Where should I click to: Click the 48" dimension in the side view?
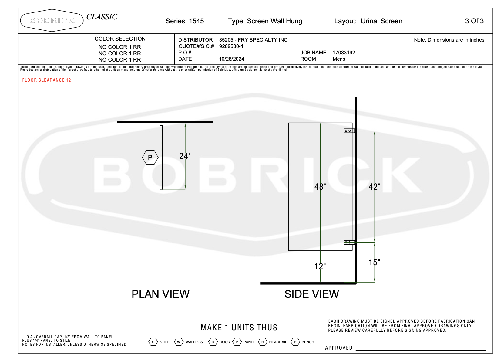coord(320,187)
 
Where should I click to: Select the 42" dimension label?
coord(374,187)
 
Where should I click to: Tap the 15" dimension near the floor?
coord(374,262)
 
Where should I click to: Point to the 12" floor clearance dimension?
coord(320,266)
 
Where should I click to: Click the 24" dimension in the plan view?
coord(185,156)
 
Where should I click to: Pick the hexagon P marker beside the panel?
coord(150,157)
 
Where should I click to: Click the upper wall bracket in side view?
coord(349,131)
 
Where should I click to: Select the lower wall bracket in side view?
coord(349,243)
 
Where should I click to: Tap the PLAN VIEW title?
coord(160,294)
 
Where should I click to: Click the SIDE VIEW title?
coord(312,294)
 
